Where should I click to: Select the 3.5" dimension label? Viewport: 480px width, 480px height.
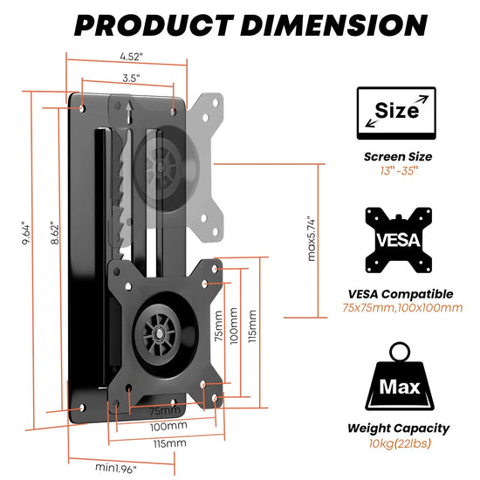(x=130, y=78)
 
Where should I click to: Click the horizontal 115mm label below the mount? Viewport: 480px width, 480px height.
(x=171, y=443)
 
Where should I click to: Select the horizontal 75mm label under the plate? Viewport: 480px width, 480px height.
(x=166, y=410)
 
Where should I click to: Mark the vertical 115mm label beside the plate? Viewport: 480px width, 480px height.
(x=253, y=326)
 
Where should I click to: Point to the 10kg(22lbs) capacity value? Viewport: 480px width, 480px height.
(x=398, y=443)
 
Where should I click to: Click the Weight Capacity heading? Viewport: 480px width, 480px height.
(x=398, y=428)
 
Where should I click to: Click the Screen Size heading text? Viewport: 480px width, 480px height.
(x=398, y=157)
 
